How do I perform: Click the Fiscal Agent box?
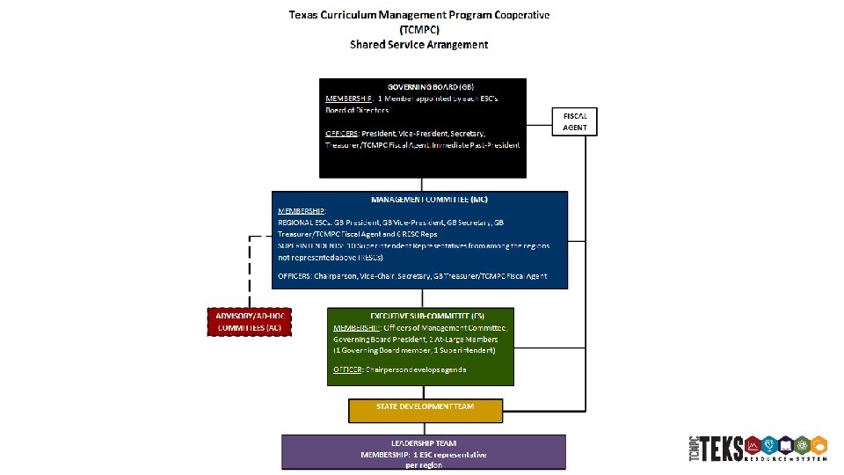(575, 121)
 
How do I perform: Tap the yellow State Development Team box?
(426, 406)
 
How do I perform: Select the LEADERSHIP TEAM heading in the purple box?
(424, 442)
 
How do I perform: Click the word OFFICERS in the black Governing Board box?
(342, 133)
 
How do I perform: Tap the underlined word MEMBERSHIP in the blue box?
(302, 211)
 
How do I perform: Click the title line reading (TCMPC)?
(419, 29)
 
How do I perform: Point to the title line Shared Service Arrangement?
(419, 44)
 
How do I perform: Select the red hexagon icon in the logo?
(753, 444)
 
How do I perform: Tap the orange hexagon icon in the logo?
(819, 444)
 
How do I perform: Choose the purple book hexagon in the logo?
(786, 444)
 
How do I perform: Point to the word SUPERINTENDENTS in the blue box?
(303, 246)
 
